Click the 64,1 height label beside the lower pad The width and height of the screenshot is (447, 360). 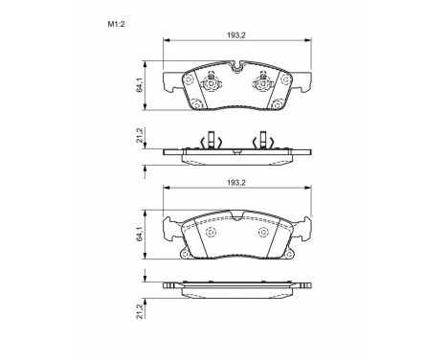[139, 235]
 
